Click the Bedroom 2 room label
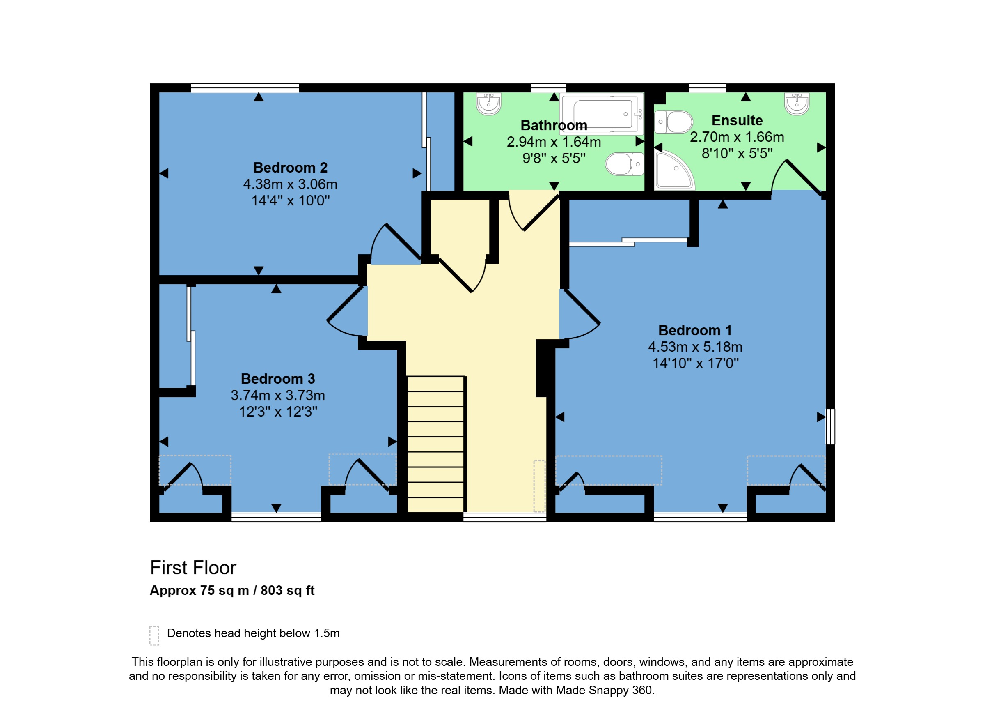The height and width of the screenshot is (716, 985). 290,168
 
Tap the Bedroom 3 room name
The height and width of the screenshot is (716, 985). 278,379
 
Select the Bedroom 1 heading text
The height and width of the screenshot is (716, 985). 695,330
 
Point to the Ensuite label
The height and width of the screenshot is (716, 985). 737,120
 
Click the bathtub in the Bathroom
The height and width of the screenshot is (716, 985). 602,113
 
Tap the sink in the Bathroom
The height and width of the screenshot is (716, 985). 488,104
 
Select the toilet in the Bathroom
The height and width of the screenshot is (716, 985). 625,164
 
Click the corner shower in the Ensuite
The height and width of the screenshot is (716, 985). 674,170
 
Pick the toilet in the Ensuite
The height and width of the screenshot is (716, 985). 673,122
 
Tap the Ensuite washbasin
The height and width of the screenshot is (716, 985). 797,104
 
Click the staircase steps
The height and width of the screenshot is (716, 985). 435,444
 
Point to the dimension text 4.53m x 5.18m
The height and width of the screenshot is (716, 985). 695,347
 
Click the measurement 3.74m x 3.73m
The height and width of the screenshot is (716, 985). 278,395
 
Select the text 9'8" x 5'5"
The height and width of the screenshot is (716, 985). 554,158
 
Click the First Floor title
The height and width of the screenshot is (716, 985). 193,568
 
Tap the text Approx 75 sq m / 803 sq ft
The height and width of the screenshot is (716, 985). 232,590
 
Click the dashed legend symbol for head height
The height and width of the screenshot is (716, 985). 154,635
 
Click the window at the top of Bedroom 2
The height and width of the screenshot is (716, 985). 245,88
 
